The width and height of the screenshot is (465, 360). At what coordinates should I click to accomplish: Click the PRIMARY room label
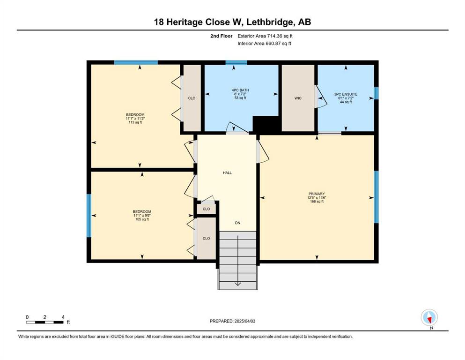pos(317,194)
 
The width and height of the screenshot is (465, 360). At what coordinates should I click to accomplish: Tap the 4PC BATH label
pos(240,90)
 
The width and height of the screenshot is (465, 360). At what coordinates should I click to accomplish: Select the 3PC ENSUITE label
pos(346,94)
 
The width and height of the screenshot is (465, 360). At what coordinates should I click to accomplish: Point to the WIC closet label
pos(298,98)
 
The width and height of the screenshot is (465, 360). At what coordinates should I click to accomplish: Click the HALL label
pos(227,172)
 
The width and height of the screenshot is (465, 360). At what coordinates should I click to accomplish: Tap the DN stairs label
pos(237,223)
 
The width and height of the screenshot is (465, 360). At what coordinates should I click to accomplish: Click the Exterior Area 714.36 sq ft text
pos(265,36)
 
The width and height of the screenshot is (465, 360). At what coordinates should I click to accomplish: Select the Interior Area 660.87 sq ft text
pos(264,43)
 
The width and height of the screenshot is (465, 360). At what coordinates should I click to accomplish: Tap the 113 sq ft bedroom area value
pos(135,122)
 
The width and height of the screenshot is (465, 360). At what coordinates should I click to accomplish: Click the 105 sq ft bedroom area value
pos(142,219)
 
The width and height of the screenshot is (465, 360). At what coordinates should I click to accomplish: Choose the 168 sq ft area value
pos(317,202)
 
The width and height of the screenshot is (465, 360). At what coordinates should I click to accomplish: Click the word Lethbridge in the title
pos(271,22)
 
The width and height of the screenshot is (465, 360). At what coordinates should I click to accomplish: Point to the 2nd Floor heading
pos(221,36)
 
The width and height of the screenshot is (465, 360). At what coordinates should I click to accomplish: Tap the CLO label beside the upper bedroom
pos(192,98)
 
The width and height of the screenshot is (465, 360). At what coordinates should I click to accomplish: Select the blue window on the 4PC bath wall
pos(236,62)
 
